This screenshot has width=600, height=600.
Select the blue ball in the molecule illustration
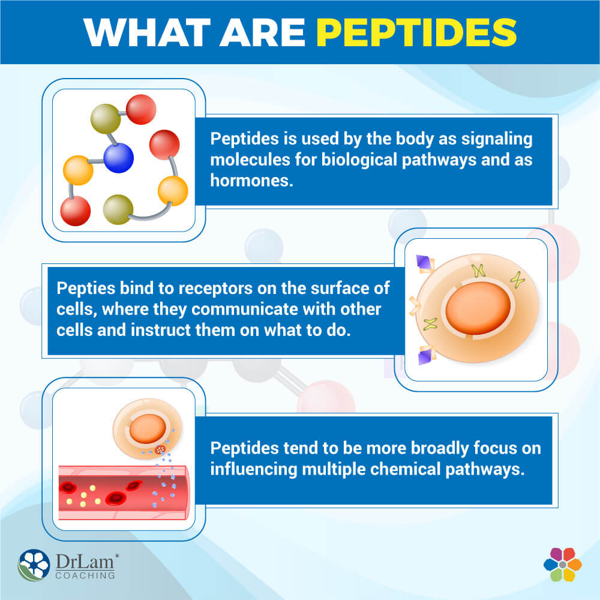point(118,158)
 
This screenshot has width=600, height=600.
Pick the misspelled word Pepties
point(82,289)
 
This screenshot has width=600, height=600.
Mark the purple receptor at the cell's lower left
point(427,358)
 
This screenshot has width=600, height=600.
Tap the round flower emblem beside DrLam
point(34,566)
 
